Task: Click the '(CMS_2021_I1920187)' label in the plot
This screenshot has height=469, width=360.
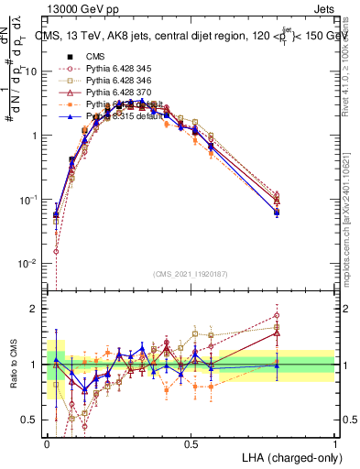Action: click(x=191, y=274)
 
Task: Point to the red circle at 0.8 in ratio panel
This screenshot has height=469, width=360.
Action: click(x=277, y=315)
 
